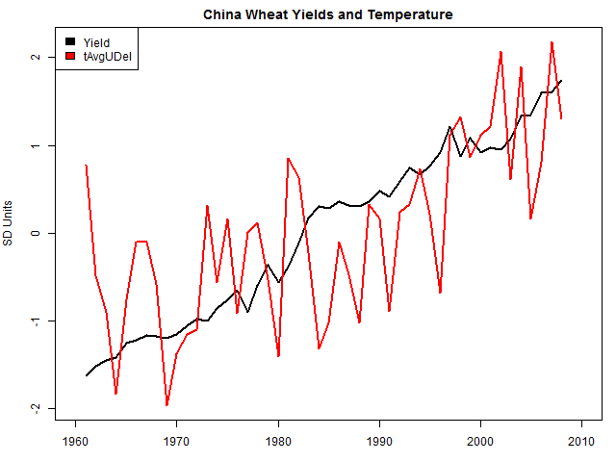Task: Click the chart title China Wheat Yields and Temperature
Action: pyautogui.click(x=327, y=15)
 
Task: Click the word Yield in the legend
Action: pyautogui.click(x=96, y=43)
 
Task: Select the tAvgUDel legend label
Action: pyautogui.click(x=108, y=58)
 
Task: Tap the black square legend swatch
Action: pyautogui.click(x=69, y=43)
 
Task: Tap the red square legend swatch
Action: pyautogui.click(x=69, y=58)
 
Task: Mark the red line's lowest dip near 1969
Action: pyautogui.click(x=167, y=405)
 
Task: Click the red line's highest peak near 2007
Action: pyautogui.click(x=552, y=42)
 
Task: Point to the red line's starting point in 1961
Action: pyautogui.click(x=86, y=166)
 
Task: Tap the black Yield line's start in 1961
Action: pyautogui.click(x=86, y=375)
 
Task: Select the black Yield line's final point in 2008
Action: pyautogui.click(x=561, y=81)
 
